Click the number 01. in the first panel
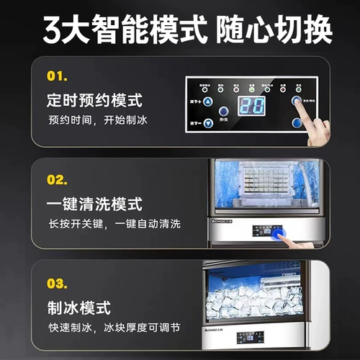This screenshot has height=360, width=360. (57, 75)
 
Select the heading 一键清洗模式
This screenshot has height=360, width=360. (94, 204)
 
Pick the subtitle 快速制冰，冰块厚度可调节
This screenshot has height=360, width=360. (114, 329)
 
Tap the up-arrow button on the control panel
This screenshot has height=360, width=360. (207, 102)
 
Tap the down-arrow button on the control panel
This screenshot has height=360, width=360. (207, 122)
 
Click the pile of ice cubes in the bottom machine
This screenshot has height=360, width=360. (259, 301)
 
